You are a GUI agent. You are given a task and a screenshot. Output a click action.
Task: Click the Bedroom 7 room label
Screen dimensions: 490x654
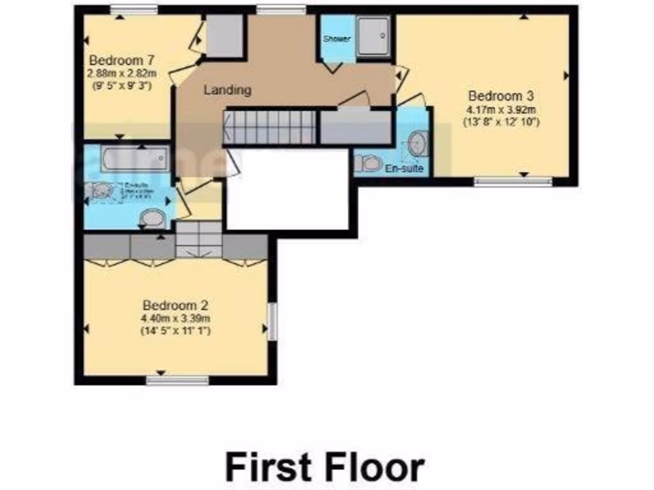click(121, 61)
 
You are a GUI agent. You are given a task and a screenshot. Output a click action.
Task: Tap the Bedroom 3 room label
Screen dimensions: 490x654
click(501, 96)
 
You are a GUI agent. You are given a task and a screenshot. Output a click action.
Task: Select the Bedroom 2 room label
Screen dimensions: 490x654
click(175, 305)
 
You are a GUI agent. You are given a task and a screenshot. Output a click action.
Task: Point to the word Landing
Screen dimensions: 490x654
click(227, 90)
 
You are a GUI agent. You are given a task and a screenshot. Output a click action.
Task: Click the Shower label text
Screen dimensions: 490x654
click(337, 39)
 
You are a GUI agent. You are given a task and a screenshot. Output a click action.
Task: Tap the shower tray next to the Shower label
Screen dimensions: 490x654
click(374, 38)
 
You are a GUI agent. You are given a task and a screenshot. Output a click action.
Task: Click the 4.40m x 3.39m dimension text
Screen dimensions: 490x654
click(176, 318)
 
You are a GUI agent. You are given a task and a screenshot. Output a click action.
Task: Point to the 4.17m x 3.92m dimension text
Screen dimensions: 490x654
click(501, 109)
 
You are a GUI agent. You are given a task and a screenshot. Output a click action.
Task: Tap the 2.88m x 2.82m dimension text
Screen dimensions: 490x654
click(121, 73)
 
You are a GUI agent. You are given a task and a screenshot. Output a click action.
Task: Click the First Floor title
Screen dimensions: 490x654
click(324, 468)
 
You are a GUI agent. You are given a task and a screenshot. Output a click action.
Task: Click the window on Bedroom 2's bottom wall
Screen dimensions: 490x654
click(177, 381)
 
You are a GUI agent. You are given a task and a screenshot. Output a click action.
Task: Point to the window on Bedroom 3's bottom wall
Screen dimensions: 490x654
click(513, 182)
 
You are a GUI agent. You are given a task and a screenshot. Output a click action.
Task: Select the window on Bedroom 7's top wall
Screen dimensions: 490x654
click(133, 9)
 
